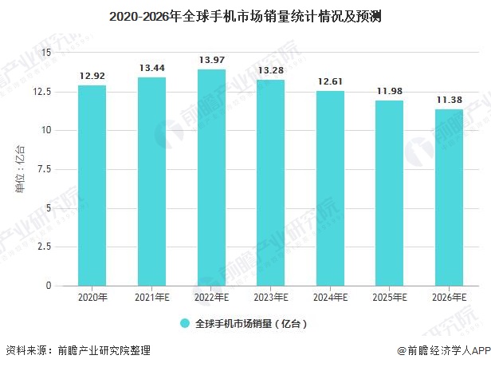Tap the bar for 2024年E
click(330, 188)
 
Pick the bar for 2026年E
click(449, 198)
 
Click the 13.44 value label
click(151, 68)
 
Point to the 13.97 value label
click(211, 60)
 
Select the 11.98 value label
click(390, 90)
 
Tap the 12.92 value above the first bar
click(92, 76)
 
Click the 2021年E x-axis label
click(151, 298)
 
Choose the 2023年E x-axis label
click(270, 298)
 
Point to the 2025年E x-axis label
click(390, 298)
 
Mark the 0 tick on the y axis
click(48, 286)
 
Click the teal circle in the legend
click(184, 324)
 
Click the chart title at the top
click(245, 15)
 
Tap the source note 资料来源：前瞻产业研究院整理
click(78, 351)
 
